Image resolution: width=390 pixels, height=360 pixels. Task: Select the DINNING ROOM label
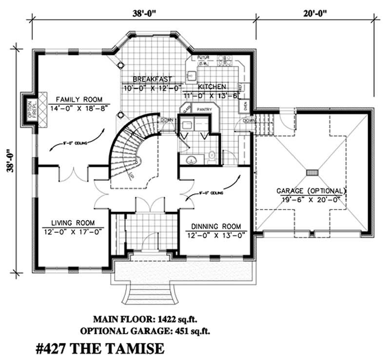(x=216, y=227)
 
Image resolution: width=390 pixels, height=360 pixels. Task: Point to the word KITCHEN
(x=211, y=86)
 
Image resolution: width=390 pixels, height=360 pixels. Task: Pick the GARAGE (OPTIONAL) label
(x=311, y=190)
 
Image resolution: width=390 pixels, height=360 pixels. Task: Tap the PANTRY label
(x=203, y=110)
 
